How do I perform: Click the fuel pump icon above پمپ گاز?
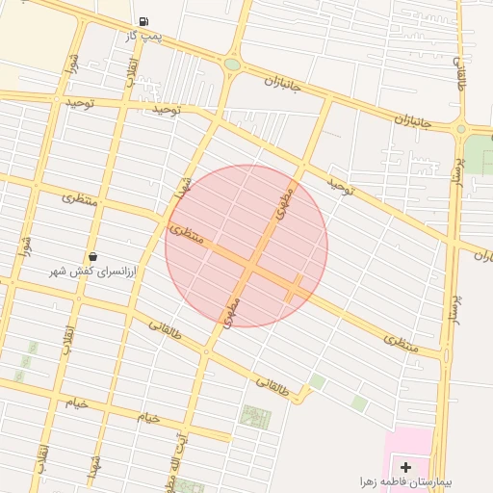(x=143, y=21)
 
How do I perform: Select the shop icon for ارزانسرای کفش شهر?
(x=93, y=256)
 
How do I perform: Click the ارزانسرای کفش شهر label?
(x=94, y=272)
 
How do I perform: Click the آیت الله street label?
(x=183, y=451)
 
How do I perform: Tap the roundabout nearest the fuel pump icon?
(x=232, y=65)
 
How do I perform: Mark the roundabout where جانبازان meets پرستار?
(x=460, y=128)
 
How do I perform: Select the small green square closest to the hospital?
(x=358, y=403)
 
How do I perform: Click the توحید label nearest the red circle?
(x=341, y=186)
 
